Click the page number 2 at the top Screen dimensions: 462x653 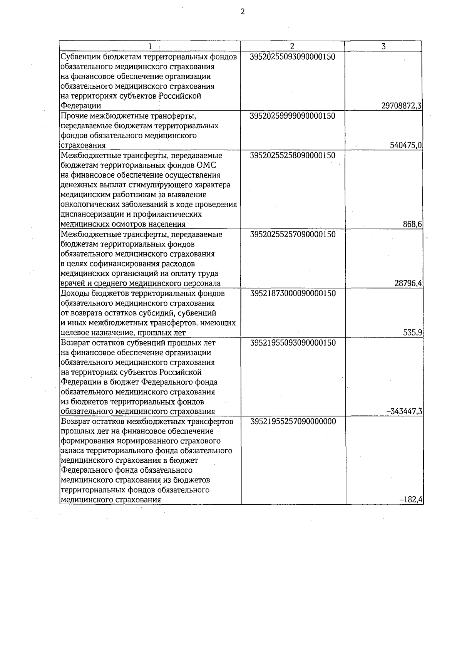[x=243, y=12]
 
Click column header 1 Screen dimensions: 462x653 [x=150, y=46]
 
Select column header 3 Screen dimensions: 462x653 [x=383, y=46]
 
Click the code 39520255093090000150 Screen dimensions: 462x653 [x=293, y=57]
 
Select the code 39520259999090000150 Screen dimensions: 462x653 [x=293, y=116]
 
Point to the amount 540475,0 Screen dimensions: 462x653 [x=406, y=145]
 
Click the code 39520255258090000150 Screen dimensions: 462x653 [x=293, y=155]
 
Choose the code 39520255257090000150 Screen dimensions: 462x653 [x=293, y=234]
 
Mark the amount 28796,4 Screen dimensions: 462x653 [x=408, y=284]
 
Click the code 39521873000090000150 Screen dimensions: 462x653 [x=293, y=293]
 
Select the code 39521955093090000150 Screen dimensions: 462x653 [x=293, y=342]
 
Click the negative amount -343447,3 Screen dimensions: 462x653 [x=405, y=411]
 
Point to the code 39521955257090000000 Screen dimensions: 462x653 [x=293, y=421]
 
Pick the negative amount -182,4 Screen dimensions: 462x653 [x=412, y=500]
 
